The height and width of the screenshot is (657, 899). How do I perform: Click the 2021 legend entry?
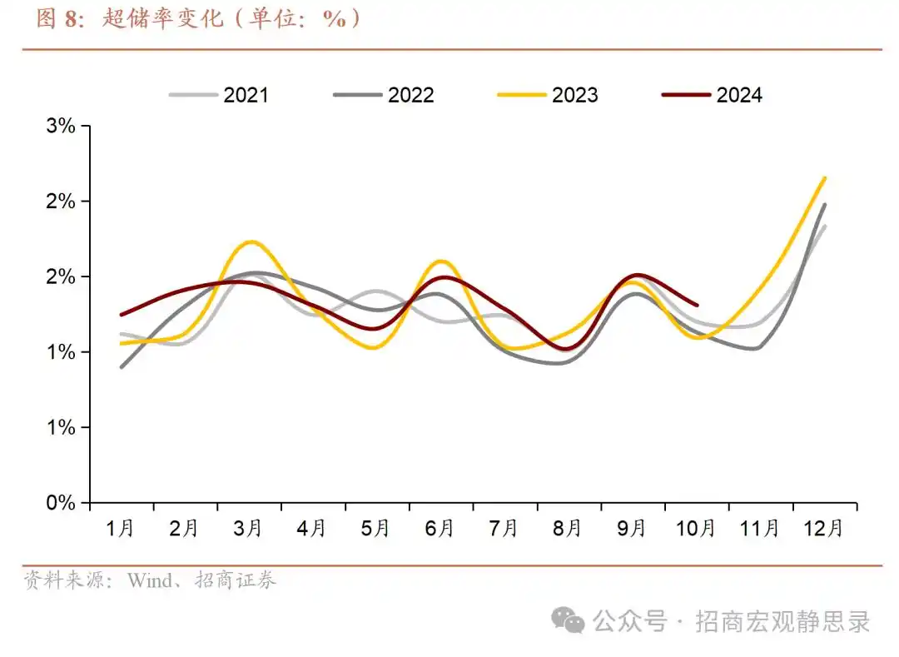(220, 95)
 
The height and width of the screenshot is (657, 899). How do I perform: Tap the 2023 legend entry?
(548, 95)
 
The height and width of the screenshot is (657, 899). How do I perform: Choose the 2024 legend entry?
(713, 95)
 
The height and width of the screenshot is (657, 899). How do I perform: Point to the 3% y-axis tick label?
(61, 127)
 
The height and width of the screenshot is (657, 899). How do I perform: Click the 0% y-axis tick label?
(61, 503)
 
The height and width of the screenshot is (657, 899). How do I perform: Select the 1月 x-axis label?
(121, 529)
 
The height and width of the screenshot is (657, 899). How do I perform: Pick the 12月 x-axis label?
(824, 529)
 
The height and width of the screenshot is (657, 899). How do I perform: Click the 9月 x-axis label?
(633, 529)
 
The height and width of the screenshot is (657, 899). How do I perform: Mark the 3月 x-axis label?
(249, 529)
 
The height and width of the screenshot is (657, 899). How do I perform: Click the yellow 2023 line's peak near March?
(251, 242)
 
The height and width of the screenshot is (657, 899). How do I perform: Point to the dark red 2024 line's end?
(697, 305)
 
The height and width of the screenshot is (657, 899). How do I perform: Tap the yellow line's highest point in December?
(825, 177)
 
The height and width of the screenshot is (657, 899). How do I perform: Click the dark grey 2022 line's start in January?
(122, 366)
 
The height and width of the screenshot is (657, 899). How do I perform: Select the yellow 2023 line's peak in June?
(441, 261)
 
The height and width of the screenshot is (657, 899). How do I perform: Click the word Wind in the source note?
(147, 580)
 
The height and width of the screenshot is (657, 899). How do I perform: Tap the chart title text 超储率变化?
(163, 19)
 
